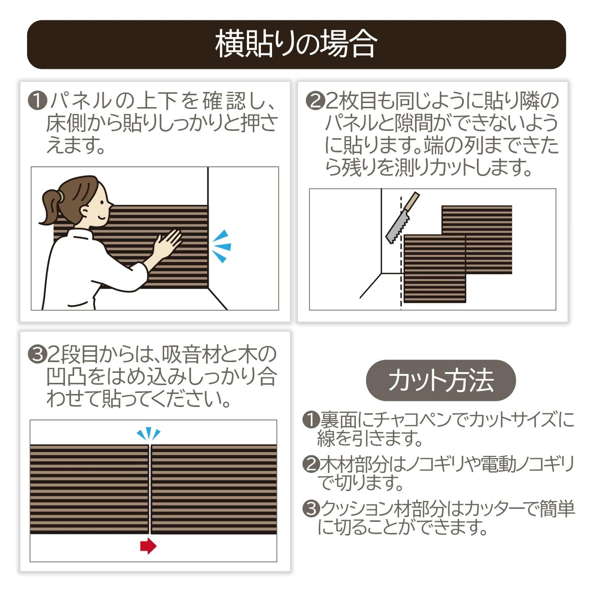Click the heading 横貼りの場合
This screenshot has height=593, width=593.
(x=296, y=44)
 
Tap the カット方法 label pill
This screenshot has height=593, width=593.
(x=441, y=380)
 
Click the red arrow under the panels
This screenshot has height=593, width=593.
(x=149, y=546)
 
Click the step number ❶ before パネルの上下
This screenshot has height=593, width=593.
(x=37, y=101)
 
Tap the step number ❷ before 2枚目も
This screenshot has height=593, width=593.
(x=315, y=101)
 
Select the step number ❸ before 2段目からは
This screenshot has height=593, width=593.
(x=37, y=355)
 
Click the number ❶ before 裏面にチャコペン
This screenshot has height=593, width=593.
(x=311, y=420)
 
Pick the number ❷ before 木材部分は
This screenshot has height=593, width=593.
(x=311, y=464)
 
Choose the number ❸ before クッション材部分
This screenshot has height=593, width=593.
(x=311, y=508)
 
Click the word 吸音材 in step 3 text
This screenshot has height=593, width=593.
(x=189, y=355)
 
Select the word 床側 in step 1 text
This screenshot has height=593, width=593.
(x=66, y=123)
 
